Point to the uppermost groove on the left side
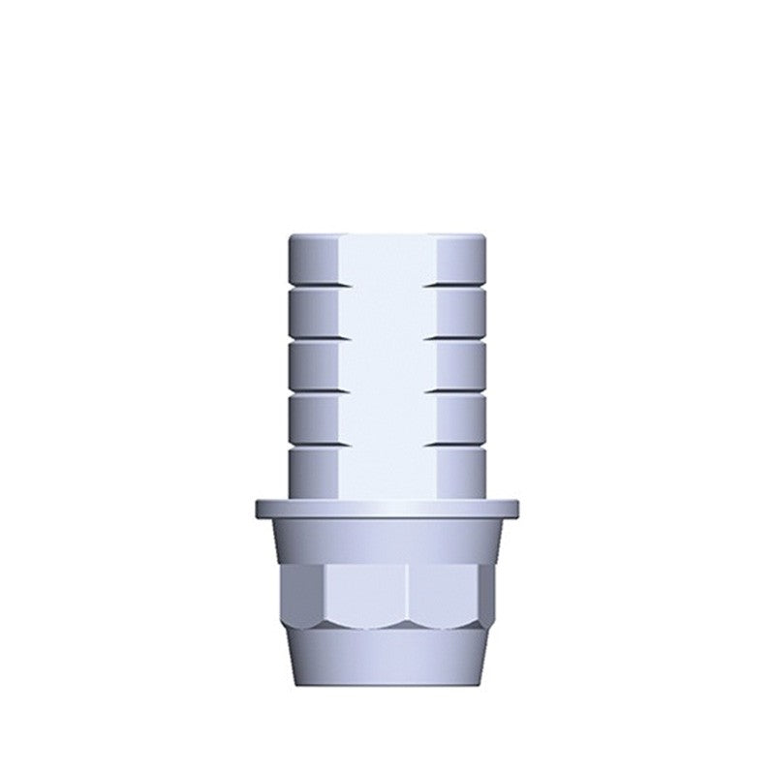point(315,287)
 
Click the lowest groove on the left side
point(315,445)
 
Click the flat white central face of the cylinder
point(387,368)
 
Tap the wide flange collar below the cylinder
point(387,509)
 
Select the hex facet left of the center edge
point(363,591)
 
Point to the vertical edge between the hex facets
point(407,591)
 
